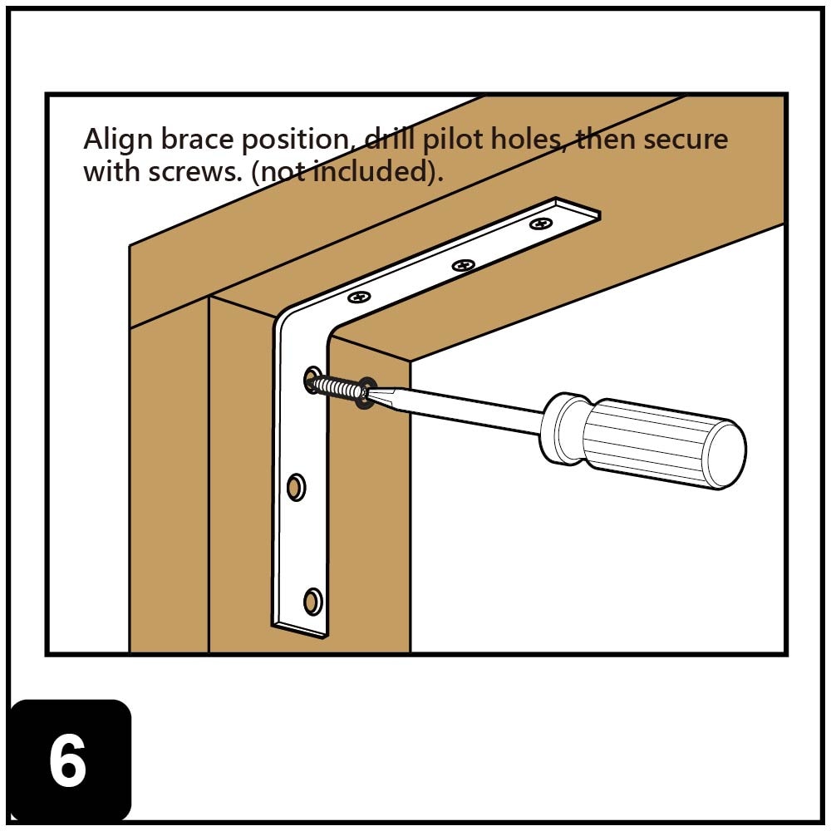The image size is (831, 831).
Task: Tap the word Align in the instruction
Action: tap(116, 140)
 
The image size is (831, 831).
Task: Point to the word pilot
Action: tap(452, 140)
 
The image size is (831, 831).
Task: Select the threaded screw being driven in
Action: tap(337, 387)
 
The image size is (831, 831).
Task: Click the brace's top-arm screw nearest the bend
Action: tap(360, 296)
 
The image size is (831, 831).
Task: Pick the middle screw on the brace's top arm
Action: tap(463, 266)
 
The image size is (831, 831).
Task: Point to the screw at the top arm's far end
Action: tap(541, 223)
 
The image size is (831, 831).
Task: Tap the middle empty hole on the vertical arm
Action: tap(296, 487)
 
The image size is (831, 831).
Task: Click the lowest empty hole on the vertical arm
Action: tap(312, 600)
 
